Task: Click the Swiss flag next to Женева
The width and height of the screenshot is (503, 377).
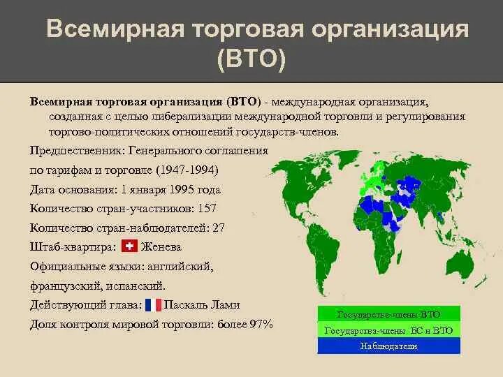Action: coord(129,246)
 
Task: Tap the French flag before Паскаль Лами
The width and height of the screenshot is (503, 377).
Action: coord(153,305)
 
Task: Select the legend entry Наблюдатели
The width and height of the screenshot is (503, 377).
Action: coord(389,346)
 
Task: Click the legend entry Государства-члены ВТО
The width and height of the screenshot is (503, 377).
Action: coord(389,314)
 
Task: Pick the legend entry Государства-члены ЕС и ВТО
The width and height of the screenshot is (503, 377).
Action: coord(389,330)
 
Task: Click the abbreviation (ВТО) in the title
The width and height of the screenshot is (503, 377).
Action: coord(251,60)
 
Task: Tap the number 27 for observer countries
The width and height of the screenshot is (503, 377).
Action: coord(219,227)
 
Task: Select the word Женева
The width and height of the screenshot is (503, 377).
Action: coord(161,246)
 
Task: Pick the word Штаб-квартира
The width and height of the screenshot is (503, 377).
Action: coord(73,246)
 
